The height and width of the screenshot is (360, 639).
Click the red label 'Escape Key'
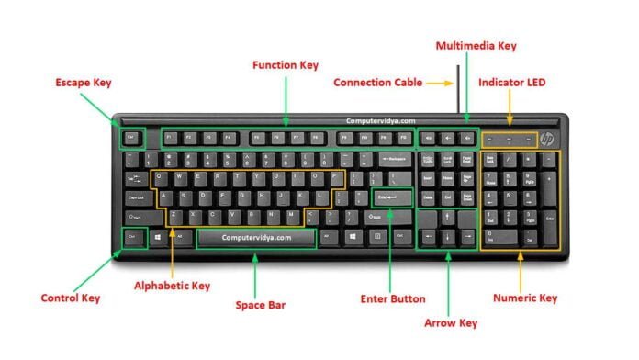click(x=84, y=83)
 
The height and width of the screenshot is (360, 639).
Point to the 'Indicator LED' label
click(x=512, y=83)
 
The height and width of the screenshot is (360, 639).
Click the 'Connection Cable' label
click(x=377, y=83)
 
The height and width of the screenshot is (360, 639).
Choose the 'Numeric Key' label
click(x=525, y=298)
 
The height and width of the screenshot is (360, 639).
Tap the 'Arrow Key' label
click(x=451, y=323)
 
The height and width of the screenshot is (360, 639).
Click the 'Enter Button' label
click(x=393, y=298)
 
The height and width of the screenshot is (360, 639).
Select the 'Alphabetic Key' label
click(x=173, y=286)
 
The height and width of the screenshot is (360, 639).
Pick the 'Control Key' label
click(x=71, y=298)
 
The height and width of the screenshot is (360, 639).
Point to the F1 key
click(x=169, y=139)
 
